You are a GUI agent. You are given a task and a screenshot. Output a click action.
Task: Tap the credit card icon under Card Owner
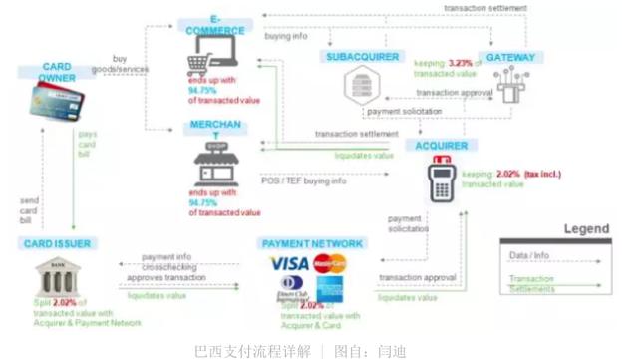point(53,101)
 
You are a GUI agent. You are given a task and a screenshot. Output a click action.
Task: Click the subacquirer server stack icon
point(360,88)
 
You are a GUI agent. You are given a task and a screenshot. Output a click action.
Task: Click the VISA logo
point(289,264)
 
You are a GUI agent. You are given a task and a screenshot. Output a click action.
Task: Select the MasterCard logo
point(329,264)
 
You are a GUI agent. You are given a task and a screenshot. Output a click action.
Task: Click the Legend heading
point(586,229)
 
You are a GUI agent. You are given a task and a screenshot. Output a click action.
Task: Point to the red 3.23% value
point(461,64)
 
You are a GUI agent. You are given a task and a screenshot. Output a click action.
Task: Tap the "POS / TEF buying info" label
point(304,180)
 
